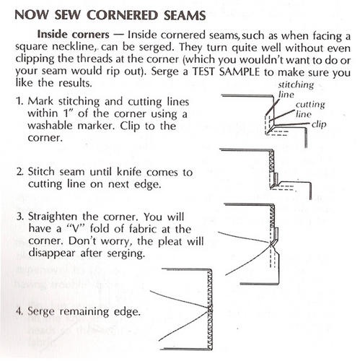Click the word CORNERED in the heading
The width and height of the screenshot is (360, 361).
pos(122,15)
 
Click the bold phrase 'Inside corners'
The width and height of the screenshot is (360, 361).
pos(74,35)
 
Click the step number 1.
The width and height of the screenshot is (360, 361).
pos(19,101)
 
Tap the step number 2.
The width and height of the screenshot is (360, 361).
pos(20,172)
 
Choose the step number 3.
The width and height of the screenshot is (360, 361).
pos(20,217)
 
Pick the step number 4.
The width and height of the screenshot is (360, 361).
pos(19,311)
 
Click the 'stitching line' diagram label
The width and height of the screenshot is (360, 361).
pos(296,90)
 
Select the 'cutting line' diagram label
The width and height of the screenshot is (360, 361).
pos(310,109)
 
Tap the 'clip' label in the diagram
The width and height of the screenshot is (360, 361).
pos(319,124)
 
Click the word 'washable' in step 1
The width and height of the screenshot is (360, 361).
pos(50,126)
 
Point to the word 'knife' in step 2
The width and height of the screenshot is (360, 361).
pos(129,172)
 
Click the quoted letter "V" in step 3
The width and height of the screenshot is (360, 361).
pos(76,229)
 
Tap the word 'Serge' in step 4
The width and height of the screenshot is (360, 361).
pos(41,312)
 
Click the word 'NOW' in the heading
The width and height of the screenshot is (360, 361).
pos(31,15)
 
